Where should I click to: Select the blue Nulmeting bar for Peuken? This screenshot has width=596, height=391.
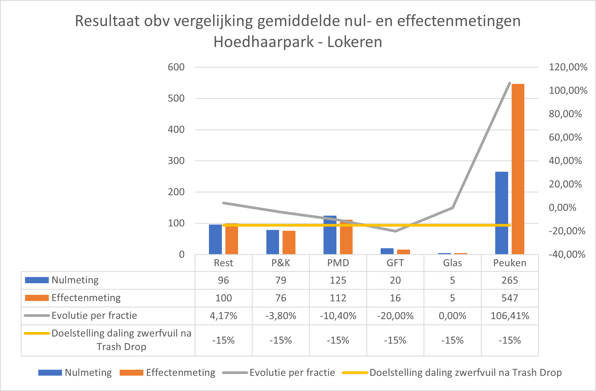(x=501, y=213)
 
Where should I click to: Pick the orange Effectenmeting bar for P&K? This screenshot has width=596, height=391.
(x=289, y=243)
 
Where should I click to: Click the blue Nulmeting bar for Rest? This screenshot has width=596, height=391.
(x=215, y=239)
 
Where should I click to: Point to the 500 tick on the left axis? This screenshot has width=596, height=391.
(x=176, y=98)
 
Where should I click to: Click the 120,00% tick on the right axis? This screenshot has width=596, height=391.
(x=568, y=67)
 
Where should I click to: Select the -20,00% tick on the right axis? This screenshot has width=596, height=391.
(x=567, y=231)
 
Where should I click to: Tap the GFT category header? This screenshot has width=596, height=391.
(x=395, y=263)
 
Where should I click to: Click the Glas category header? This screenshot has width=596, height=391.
(x=452, y=263)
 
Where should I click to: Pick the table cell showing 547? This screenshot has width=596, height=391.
(x=509, y=298)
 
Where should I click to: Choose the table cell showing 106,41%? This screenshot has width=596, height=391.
(x=509, y=316)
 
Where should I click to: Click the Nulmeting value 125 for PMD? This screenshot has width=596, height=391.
(x=338, y=280)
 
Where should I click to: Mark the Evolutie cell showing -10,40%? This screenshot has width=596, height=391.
(x=338, y=316)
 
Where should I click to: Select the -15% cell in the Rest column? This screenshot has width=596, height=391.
(x=223, y=340)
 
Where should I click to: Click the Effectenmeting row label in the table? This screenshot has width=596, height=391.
(x=86, y=298)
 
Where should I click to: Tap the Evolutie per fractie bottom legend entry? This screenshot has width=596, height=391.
(x=292, y=373)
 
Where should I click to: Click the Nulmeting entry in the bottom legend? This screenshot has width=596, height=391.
(x=88, y=373)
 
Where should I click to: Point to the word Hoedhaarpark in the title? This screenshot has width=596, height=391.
(x=263, y=42)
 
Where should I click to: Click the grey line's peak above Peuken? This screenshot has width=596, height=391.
(x=509, y=83)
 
